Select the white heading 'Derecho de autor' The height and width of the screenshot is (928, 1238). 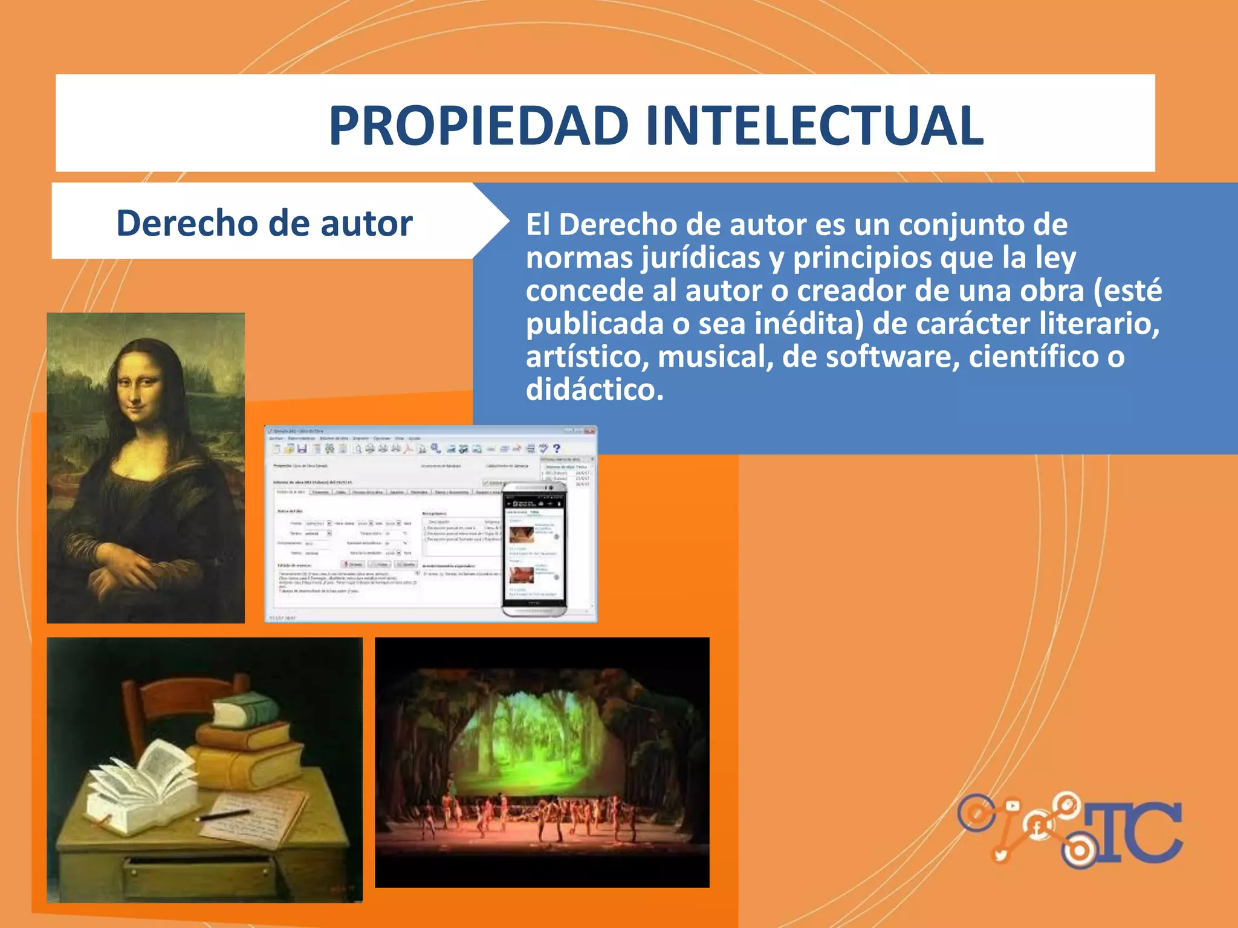[x=264, y=223]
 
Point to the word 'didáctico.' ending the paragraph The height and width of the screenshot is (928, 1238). [x=595, y=390]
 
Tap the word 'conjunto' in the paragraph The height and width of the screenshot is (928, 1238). [x=964, y=225]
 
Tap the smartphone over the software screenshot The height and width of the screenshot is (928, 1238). [x=534, y=549]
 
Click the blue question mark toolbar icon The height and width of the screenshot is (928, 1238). [x=557, y=448]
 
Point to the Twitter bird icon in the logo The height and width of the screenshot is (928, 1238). [x=1001, y=854]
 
